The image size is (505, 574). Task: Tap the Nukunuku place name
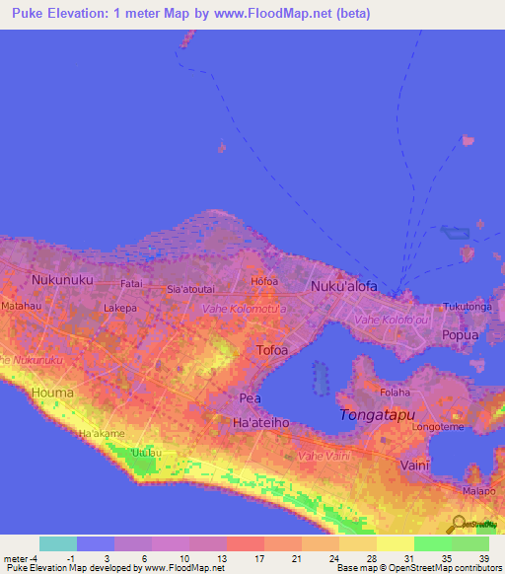tap(62, 280)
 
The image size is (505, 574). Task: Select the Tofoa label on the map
tap(272, 350)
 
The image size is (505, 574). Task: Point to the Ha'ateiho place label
tap(259, 422)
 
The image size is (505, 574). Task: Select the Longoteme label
tap(440, 428)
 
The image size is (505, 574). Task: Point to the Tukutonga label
tap(467, 307)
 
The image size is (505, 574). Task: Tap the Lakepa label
tap(120, 308)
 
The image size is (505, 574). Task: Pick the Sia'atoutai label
tap(191, 290)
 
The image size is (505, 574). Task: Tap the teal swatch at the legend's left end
tap(58, 543)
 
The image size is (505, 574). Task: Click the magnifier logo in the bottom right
tap(459, 525)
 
